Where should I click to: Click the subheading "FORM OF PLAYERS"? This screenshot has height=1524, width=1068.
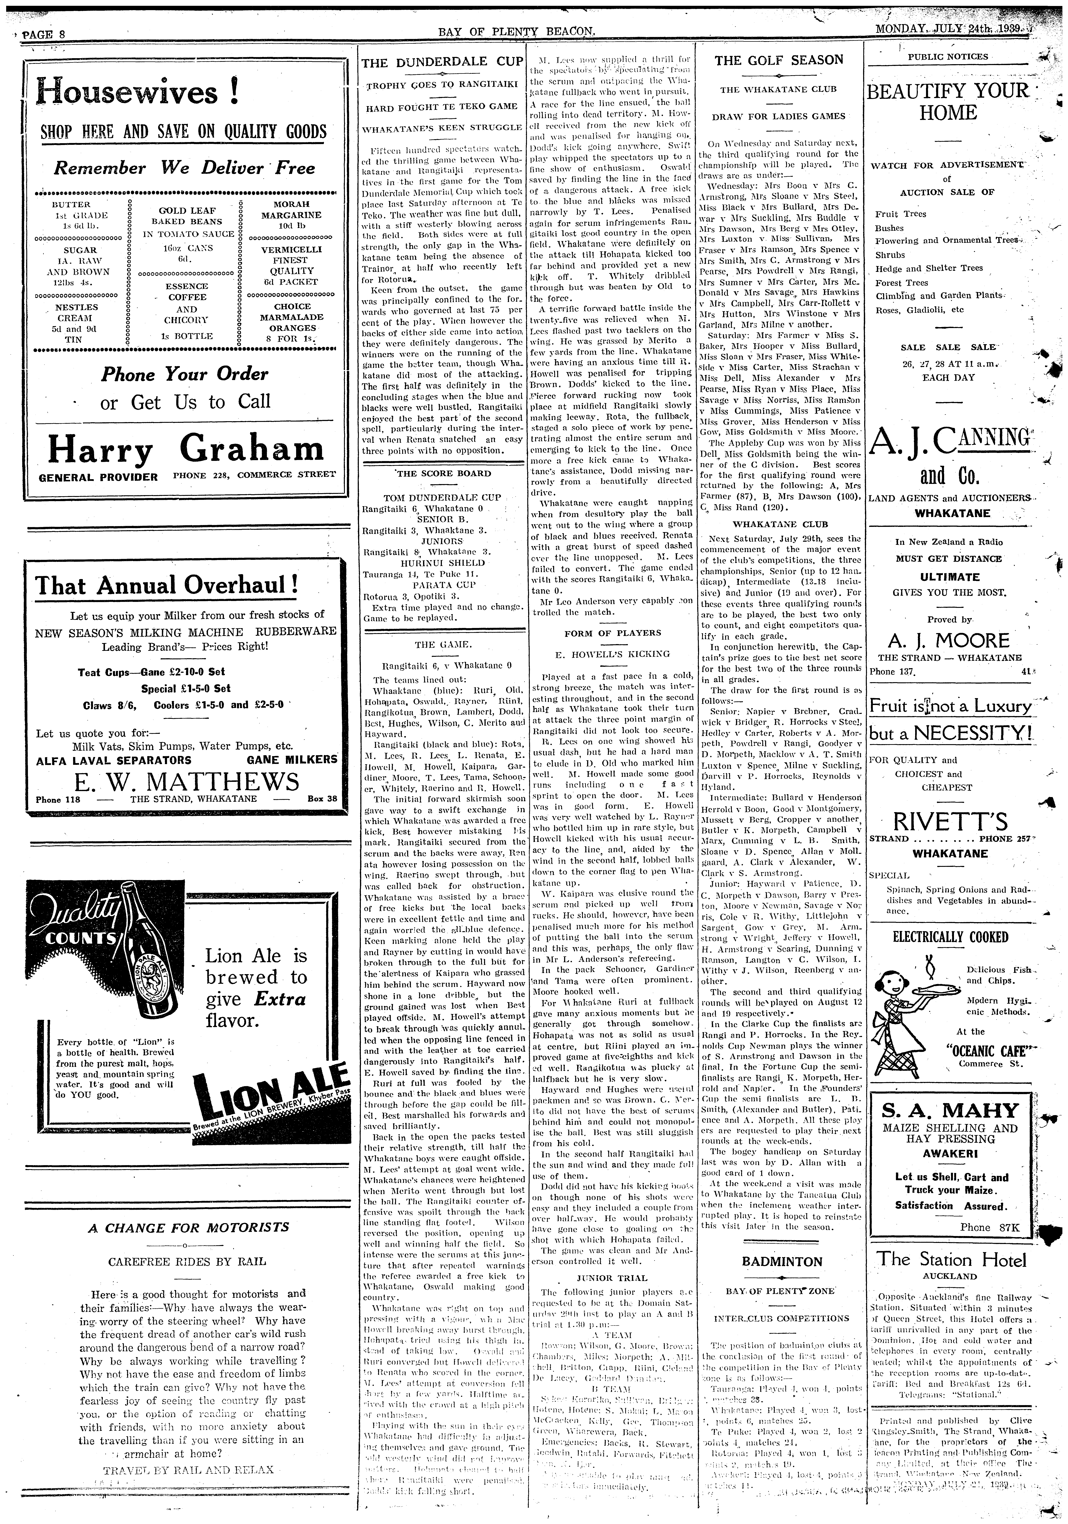tap(612, 633)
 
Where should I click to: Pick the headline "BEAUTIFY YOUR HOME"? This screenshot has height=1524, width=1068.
tap(949, 101)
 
